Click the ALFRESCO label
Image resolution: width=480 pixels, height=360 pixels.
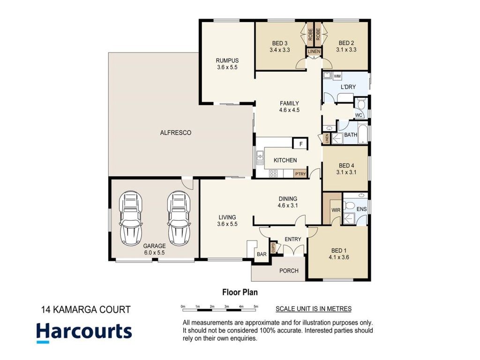(x=175, y=133)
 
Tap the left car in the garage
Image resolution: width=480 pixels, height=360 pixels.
(x=131, y=218)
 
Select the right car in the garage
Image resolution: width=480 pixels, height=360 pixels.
(x=179, y=218)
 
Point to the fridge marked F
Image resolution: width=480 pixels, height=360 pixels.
(x=300, y=144)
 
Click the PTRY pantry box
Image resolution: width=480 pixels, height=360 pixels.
(x=300, y=174)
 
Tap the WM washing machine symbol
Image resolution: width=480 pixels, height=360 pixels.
(x=337, y=76)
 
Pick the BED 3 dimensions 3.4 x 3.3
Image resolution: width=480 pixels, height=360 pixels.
(x=279, y=50)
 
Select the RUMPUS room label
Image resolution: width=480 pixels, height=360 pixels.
(x=227, y=60)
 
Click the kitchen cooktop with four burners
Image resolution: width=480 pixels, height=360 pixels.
(x=273, y=173)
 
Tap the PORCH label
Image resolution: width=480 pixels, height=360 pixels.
(x=289, y=270)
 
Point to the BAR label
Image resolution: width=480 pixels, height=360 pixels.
(x=262, y=254)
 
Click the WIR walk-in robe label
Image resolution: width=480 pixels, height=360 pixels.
(x=336, y=210)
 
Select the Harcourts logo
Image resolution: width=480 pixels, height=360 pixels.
(x=84, y=333)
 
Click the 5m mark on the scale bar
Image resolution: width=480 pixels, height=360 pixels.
(x=256, y=307)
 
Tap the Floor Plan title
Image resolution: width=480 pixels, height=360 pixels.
(x=240, y=292)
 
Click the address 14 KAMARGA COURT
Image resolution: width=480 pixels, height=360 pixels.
(x=86, y=310)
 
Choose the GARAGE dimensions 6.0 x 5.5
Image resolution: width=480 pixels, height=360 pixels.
(x=154, y=253)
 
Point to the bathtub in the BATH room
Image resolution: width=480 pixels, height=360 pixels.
(x=363, y=134)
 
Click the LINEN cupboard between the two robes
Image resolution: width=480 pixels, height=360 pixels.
(x=314, y=52)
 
